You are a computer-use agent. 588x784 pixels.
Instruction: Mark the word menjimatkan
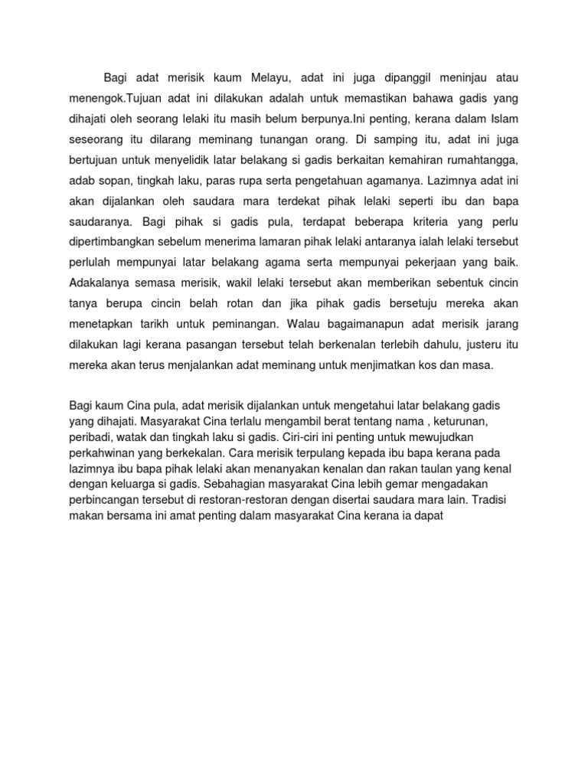(397, 366)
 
